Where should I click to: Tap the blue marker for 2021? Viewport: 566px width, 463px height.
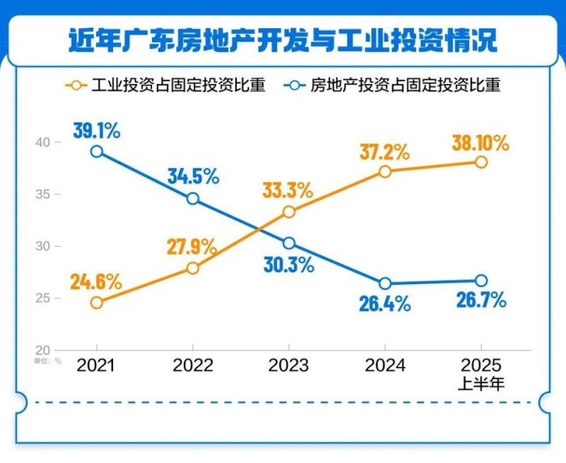click(97, 151)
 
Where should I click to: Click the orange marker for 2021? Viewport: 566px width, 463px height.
click(97, 303)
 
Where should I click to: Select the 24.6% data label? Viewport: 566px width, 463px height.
click(96, 281)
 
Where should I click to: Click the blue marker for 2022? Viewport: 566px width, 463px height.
click(193, 199)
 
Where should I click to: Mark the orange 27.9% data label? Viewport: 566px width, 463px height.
click(192, 247)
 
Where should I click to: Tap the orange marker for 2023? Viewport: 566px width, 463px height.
click(289, 211)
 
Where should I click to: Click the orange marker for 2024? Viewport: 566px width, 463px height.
click(385, 171)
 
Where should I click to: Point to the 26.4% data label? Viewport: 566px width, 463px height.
click(385, 304)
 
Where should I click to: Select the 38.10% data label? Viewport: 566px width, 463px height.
click(481, 143)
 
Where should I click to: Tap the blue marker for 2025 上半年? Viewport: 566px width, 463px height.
click(481, 281)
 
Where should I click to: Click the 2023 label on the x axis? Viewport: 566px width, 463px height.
click(289, 365)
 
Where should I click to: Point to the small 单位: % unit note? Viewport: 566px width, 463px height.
click(47, 360)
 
